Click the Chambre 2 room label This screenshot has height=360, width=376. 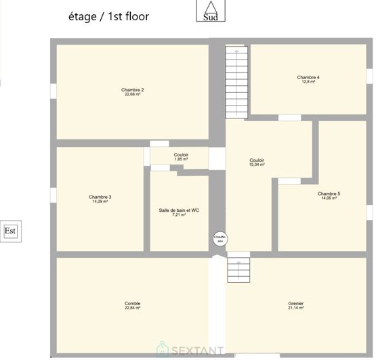pos(132,89)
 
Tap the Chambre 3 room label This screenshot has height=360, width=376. pos(100,197)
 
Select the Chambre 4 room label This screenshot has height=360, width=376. pos(308,77)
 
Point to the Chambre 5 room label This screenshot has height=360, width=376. pos(329,194)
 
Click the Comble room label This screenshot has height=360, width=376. pos(132,303)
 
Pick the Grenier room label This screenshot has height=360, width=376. pos(295,303)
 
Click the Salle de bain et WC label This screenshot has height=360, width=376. pos(179,210)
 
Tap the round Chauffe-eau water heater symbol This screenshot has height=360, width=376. pos(220,238)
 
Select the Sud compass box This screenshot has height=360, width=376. pos(211,12)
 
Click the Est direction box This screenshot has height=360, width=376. pos(10,231)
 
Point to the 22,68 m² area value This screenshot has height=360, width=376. pos(132,95)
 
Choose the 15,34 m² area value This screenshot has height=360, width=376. pos(257,164)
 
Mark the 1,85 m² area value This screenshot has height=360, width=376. pos(181,159)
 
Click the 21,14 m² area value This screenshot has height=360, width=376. pos(295,308)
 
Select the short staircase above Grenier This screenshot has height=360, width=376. pos(238,269)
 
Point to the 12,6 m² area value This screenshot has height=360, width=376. pos(308,82)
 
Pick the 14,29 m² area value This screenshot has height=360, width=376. pos(100,202)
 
